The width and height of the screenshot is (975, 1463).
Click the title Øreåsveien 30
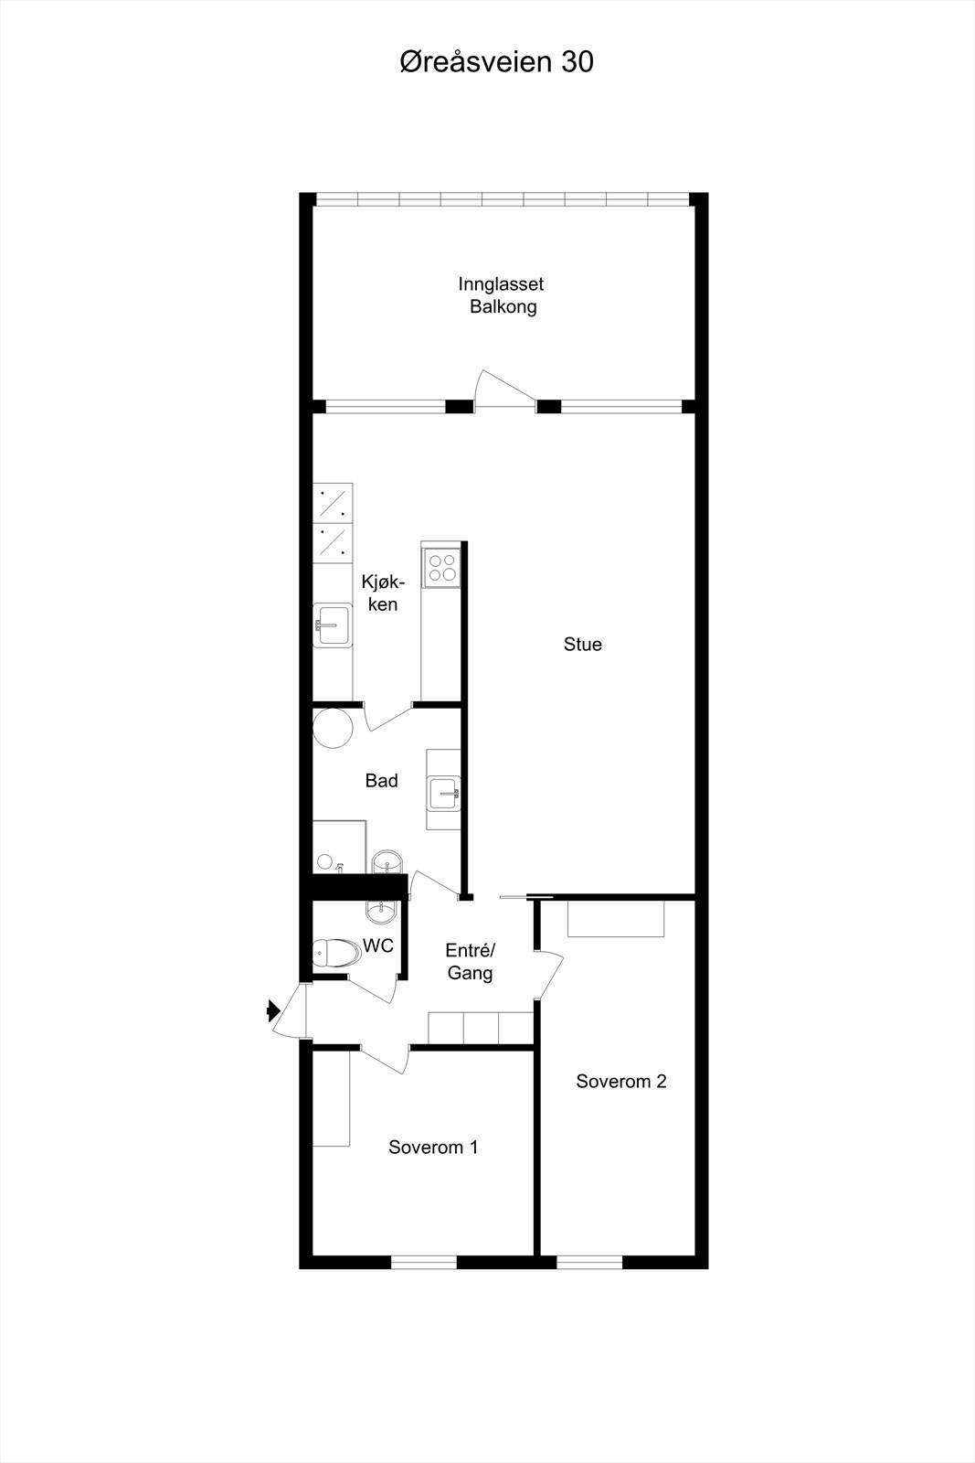point(496,62)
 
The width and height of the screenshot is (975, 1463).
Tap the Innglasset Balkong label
point(502,295)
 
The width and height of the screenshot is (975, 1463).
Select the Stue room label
point(582,645)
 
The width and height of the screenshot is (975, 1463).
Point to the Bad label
point(381,781)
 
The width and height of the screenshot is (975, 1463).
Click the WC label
point(378,945)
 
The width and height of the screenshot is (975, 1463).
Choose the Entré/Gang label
point(470,961)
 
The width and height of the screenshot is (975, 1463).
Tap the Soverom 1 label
point(433,1148)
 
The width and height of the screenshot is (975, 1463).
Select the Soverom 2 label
point(621,1082)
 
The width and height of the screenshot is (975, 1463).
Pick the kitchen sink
point(332,625)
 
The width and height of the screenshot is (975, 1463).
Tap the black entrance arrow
point(272,1010)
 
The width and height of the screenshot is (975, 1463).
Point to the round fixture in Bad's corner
point(333,728)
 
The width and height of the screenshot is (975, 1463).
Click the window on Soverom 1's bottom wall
point(423,1263)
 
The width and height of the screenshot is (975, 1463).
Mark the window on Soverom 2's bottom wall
point(589,1263)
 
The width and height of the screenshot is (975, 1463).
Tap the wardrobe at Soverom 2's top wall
point(616,918)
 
